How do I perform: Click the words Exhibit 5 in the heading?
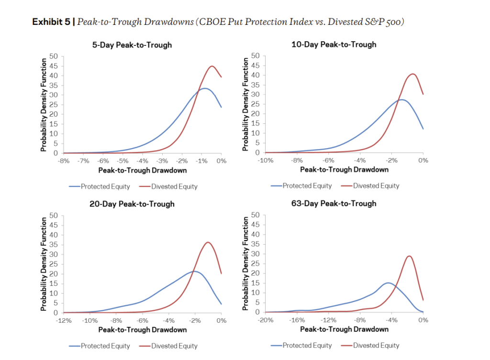point(50,22)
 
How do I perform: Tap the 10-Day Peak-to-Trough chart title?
point(334,44)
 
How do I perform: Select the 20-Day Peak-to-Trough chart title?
point(132,204)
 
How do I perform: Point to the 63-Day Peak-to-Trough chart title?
point(334,203)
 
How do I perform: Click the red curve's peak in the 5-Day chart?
point(212,66)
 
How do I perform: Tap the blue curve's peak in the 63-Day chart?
point(388,283)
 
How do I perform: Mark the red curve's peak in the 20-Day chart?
point(207,242)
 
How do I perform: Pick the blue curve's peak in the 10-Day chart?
point(402,99)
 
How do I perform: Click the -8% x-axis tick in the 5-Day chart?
point(64,161)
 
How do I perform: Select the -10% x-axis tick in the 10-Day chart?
point(266,161)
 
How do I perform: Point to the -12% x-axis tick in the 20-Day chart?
point(64,320)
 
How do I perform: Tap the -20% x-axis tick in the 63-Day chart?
point(266,320)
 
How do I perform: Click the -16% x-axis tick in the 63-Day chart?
point(297,320)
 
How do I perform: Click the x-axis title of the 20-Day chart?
point(142,330)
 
